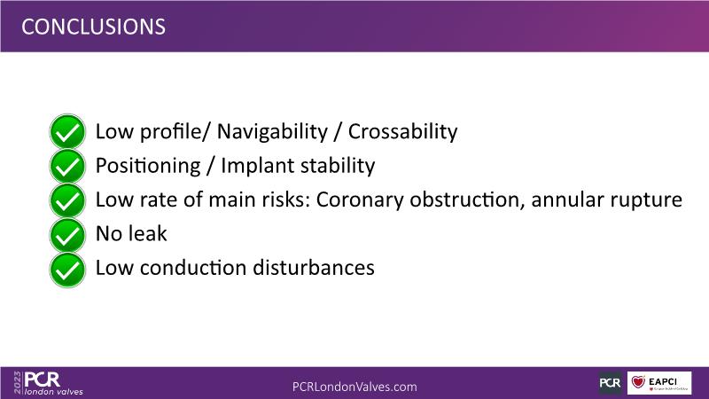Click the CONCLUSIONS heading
pyautogui.click(x=93, y=27)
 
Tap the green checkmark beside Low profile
pyautogui.click(x=67, y=131)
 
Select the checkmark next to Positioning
pyautogui.click(x=67, y=166)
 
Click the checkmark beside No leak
pyautogui.click(x=67, y=235)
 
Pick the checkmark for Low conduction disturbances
pyautogui.click(x=67, y=270)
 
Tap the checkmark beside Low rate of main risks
pyautogui.click(x=67, y=200)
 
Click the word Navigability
pyautogui.click(x=272, y=132)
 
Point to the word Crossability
pyautogui.click(x=402, y=132)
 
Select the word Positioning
pyautogui.click(x=148, y=166)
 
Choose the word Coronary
pyautogui.click(x=360, y=200)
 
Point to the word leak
pyautogui.click(x=148, y=233)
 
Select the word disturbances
pyautogui.click(x=314, y=268)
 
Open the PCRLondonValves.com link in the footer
pyautogui.click(x=354, y=387)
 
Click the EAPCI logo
pyautogui.click(x=659, y=383)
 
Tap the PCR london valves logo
pyautogui.click(x=53, y=383)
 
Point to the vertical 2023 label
pyautogui.click(x=18, y=383)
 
